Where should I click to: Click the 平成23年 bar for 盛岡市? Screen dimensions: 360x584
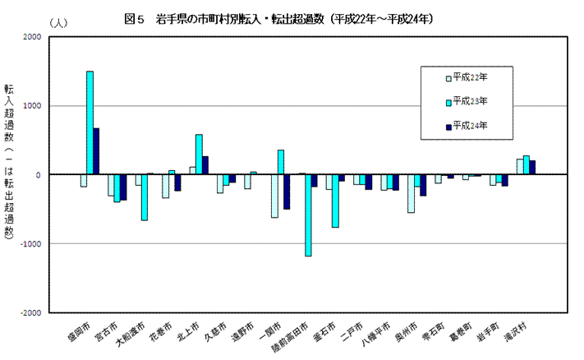[90, 123]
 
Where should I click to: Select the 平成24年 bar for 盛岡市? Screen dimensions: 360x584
[96, 151]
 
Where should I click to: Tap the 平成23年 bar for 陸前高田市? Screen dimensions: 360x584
[308, 215]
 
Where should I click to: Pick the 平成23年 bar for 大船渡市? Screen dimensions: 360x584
[144, 197]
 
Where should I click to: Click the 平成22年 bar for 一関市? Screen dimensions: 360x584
[274, 196]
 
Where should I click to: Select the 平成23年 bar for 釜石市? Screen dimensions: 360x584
[335, 201]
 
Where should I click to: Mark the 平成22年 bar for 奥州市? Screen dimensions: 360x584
[411, 193]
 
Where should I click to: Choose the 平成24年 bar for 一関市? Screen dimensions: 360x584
[287, 192]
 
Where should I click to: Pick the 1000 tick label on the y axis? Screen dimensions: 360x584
[31, 106]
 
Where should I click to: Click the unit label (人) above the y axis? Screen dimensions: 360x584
[59, 22]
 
